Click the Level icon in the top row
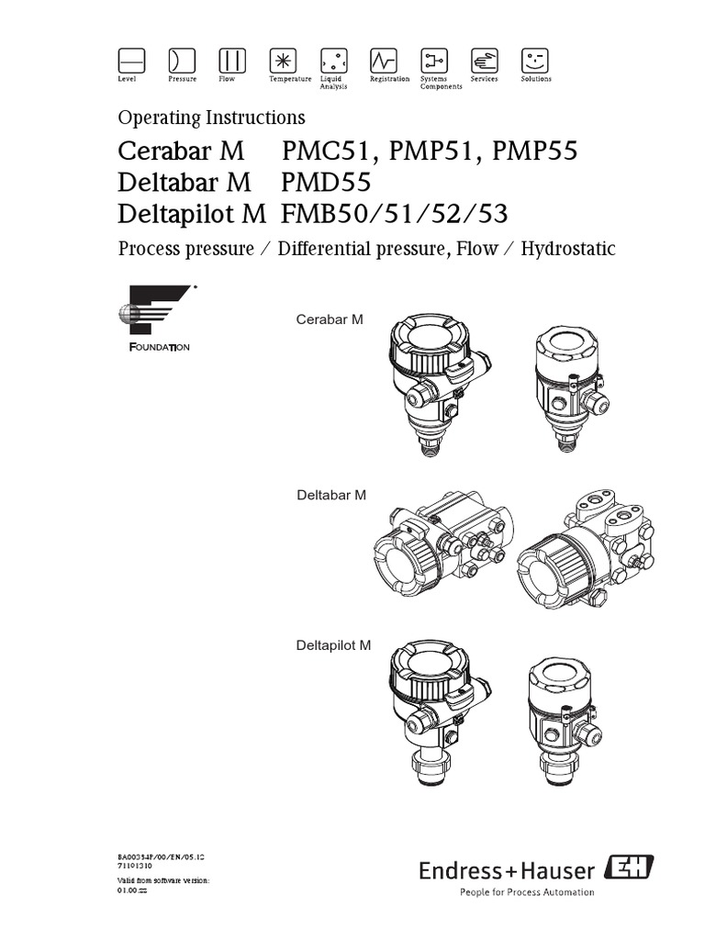click(132, 61)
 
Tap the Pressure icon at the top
click(181, 61)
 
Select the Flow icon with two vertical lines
click(231, 61)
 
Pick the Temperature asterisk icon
click(282, 61)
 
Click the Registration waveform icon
click(383, 61)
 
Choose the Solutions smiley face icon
click(534, 61)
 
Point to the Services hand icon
click(484, 61)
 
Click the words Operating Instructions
click(211, 117)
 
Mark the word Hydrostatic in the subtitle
click(567, 249)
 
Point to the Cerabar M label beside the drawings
click(330, 319)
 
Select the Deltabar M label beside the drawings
click(330, 495)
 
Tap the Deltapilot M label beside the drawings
click(332, 645)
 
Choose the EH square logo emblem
click(625, 867)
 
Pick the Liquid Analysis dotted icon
click(332, 61)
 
